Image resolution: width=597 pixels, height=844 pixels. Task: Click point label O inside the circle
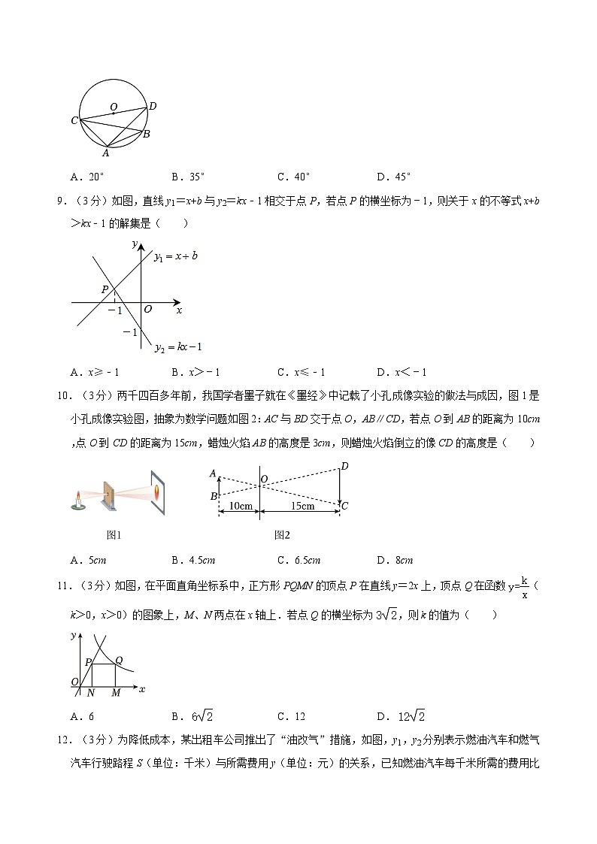(x=114, y=107)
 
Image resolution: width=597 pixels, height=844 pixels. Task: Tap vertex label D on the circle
(x=153, y=106)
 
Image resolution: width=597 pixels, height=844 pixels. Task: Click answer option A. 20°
(x=87, y=177)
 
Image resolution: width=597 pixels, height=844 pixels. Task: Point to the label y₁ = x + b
(x=175, y=256)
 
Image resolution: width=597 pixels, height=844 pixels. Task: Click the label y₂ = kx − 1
(x=178, y=346)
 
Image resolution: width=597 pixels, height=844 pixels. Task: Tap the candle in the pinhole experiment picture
(x=77, y=501)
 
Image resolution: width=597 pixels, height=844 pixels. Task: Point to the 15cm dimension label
(x=301, y=506)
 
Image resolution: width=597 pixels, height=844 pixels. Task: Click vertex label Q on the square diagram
(x=119, y=660)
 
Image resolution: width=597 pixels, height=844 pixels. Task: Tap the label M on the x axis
(x=115, y=693)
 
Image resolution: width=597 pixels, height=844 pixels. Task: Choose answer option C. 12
(x=291, y=716)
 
